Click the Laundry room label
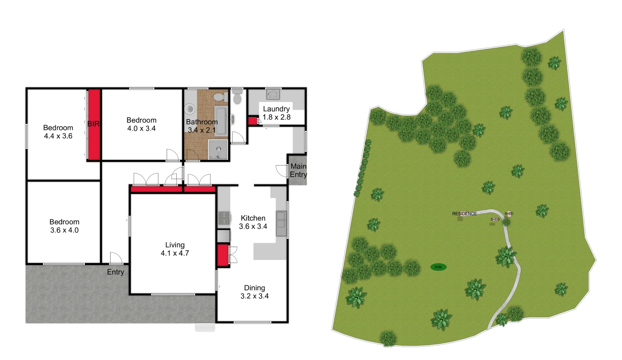coord(276,113)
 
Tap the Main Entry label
coord(298,170)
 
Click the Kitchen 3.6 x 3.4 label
coord(253,222)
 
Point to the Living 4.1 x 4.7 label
coord(175,249)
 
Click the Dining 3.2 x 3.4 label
coord(254,292)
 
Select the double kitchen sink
coord(281,223)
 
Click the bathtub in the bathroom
coord(220,121)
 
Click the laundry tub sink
coord(273,94)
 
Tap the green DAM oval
coord(438,267)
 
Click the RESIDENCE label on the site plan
coord(464,214)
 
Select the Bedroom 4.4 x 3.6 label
coord(58,132)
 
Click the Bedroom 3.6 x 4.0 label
coord(64,226)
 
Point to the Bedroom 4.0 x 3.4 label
coord(141,124)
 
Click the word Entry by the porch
coord(115,272)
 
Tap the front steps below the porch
coord(205,327)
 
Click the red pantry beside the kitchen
coord(222,255)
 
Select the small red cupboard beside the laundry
coord(252,121)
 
